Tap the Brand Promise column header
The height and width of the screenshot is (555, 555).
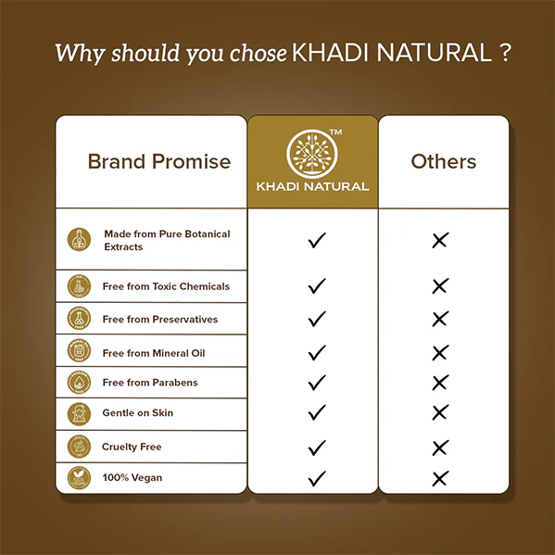pyautogui.click(x=158, y=161)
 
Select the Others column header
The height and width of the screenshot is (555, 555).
pyautogui.click(x=443, y=161)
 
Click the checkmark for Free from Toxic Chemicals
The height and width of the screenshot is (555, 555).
pyautogui.click(x=317, y=287)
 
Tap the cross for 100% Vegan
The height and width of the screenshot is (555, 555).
pyautogui.click(x=440, y=478)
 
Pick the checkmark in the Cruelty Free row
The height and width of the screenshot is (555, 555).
pyautogui.click(x=317, y=448)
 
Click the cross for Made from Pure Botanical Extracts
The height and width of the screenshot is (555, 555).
pyautogui.click(x=440, y=241)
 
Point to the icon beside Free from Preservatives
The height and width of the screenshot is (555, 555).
pyautogui.click(x=81, y=320)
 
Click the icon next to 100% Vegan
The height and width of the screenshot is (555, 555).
pyautogui.click(x=81, y=478)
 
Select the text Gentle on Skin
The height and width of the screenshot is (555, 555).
pyautogui.click(x=137, y=412)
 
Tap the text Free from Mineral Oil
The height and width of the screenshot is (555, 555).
pyautogui.click(x=154, y=353)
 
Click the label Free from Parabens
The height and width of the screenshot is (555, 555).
pyautogui.click(x=149, y=383)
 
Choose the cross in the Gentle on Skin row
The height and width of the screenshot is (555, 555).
pyautogui.click(x=440, y=412)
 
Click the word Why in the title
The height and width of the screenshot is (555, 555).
pyautogui.click(x=73, y=52)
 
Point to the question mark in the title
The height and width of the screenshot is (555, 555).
pyautogui.click(x=504, y=51)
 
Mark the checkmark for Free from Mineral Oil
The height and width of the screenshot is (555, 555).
pyautogui.click(x=317, y=353)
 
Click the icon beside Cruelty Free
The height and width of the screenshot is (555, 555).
pyautogui.click(x=81, y=447)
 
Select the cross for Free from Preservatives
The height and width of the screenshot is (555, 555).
pyautogui.click(x=440, y=320)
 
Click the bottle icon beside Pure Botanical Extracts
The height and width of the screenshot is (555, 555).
pyautogui.click(x=81, y=239)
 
